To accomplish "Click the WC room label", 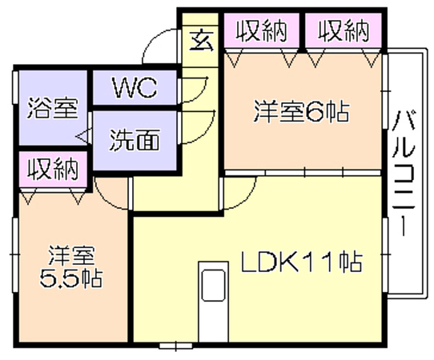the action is [x=135, y=88].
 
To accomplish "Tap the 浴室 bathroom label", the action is [x=53, y=108].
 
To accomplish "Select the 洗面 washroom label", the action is [x=135, y=140].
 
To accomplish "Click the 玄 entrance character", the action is [x=202, y=40].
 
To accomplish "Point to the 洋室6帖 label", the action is [x=302, y=111].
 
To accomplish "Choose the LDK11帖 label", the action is [x=301, y=262].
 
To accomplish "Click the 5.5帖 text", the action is [x=70, y=278].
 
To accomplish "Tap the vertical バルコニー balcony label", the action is [x=404, y=174].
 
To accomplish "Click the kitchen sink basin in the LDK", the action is [x=213, y=286].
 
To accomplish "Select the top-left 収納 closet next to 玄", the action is [x=262, y=31].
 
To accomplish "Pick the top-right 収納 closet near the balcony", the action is [x=344, y=31].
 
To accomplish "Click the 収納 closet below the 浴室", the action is [x=53, y=170].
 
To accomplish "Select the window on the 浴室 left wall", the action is [x=15, y=88].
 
